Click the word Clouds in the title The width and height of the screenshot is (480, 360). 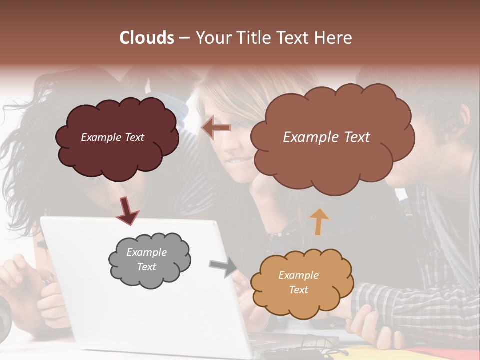(x=146, y=38)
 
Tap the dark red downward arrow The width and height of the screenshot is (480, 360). (x=127, y=210)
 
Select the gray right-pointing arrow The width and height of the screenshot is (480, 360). (x=223, y=267)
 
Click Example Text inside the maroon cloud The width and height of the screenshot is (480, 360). (x=112, y=137)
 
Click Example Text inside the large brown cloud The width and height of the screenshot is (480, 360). (x=326, y=137)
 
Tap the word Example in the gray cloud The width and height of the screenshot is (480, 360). (x=146, y=252)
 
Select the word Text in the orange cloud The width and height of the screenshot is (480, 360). (x=298, y=290)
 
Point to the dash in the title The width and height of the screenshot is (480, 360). (x=184, y=38)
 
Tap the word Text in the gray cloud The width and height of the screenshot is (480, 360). (x=146, y=267)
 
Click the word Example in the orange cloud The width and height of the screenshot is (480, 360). (x=298, y=275)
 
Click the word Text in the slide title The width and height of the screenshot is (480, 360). (x=292, y=38)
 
